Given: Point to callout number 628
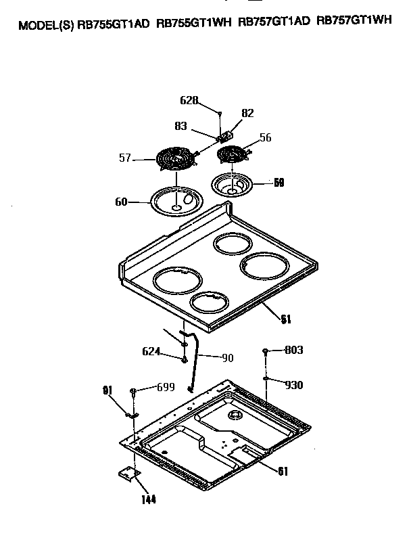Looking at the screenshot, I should (x=189, y=100).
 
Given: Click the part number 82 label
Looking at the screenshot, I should (x=247, y=113).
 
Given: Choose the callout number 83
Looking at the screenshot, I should (x=180, y=126).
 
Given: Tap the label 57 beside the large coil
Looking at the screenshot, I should (x=125, y=159).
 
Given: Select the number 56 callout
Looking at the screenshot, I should (x=265, y=137).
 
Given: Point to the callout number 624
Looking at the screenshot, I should (x=151, y=351).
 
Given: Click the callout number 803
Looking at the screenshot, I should (x=293, y=350).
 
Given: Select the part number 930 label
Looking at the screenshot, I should (x=293, y=385).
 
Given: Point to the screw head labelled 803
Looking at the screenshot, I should (x=266, y=351).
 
